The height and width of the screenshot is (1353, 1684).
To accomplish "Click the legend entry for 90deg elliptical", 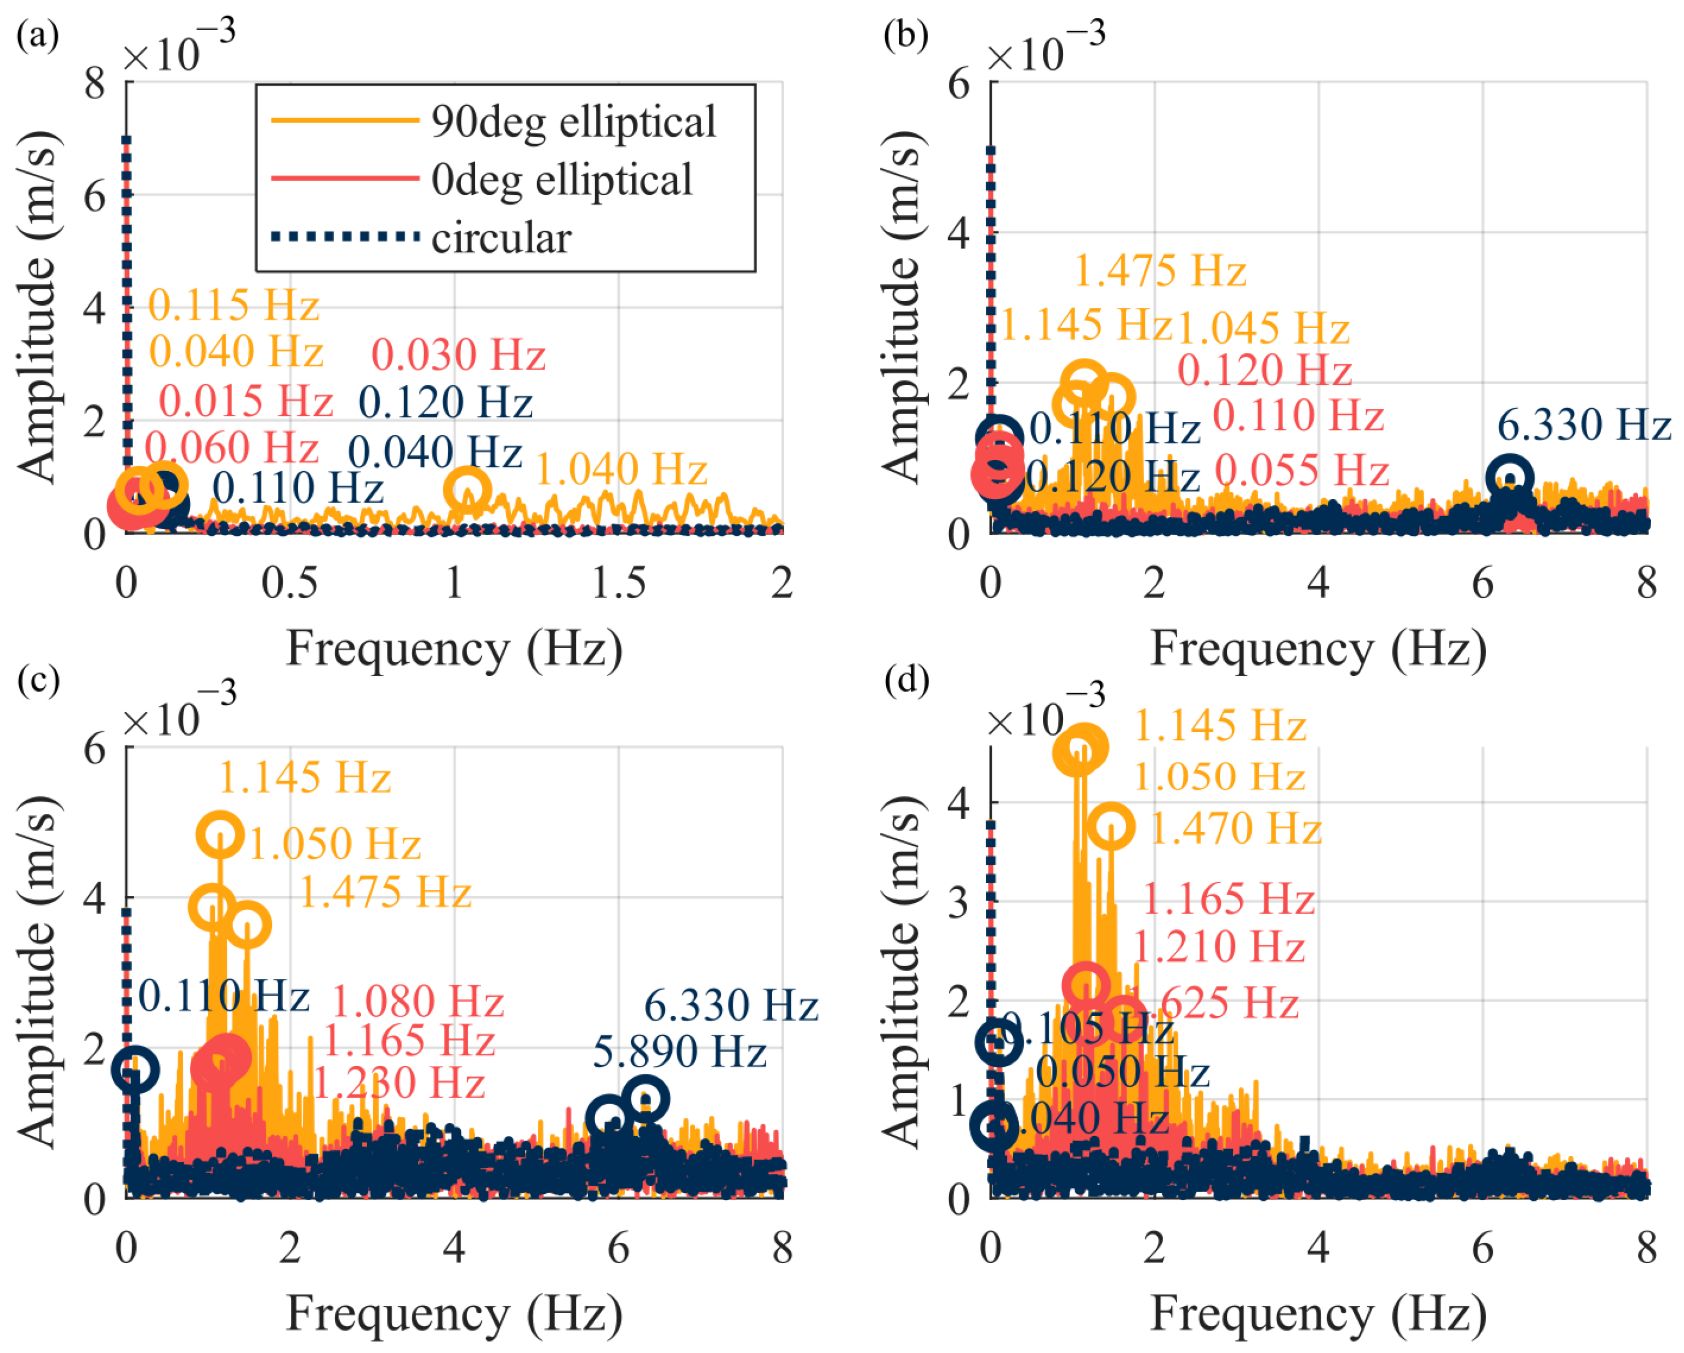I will pyautogui.click(x=573, y=122).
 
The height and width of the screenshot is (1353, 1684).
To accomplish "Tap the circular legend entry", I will pyautogui.click(x=501, y=237).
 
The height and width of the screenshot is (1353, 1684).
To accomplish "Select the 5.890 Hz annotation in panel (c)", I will pyautogui.click(x=680, y=1052).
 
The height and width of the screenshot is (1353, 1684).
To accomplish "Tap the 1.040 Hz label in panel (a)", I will pyautogui.click(x=621, y=470).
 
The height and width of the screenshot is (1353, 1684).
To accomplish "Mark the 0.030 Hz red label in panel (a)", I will pyautogui.click(x=458, y=356).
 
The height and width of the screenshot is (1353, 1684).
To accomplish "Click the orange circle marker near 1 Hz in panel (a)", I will pyautogui.click(x=466, y=490).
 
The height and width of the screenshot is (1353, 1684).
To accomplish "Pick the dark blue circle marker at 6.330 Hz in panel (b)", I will pyautogui.click(x=1510, y=477).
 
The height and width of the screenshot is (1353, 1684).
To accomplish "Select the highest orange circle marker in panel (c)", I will pyautogui.click(x=220, y=834).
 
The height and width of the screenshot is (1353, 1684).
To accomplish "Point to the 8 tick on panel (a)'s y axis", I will pyautogui.click(x=95, y=83).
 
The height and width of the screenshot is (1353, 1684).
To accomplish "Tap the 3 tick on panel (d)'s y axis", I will pyautogui.click(x=959, y=902).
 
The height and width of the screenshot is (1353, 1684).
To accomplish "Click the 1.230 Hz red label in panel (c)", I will pyautogui.click(x=399, y=1083).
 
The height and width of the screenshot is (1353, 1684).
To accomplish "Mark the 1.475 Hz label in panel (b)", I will pyautogui.click(x=1160, y=272).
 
